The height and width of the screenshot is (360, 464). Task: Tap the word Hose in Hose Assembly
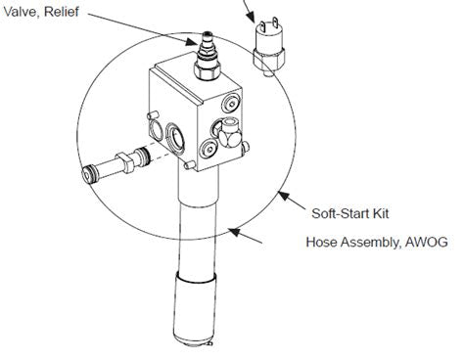click(x=323, y=241)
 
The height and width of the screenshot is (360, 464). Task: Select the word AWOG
click(x=428, y=241)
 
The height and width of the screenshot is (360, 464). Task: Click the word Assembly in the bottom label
click(x=372, y=241)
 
